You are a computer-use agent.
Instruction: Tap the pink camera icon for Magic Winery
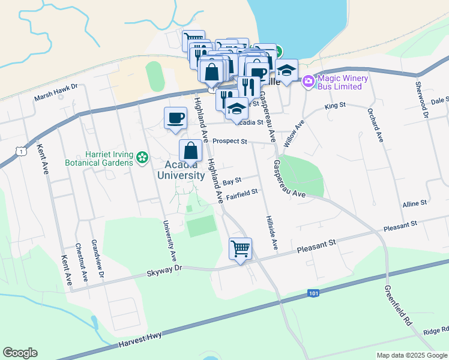tap(309, 80)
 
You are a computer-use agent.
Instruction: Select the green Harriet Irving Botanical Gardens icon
tap(142, 158)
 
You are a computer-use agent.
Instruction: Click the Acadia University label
tap(181, 170)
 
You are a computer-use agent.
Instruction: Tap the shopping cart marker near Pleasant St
tap(240, 248)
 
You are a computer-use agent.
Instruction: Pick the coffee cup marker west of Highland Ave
tap(175, 118)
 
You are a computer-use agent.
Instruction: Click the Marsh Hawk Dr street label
tap(56, 86)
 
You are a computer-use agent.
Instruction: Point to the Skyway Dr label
tap(164, 271)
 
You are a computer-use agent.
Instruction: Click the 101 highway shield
tap(313, 293)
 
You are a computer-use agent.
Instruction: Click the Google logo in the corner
tap(20, 353)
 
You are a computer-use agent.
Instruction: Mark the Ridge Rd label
tap(436, 331)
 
